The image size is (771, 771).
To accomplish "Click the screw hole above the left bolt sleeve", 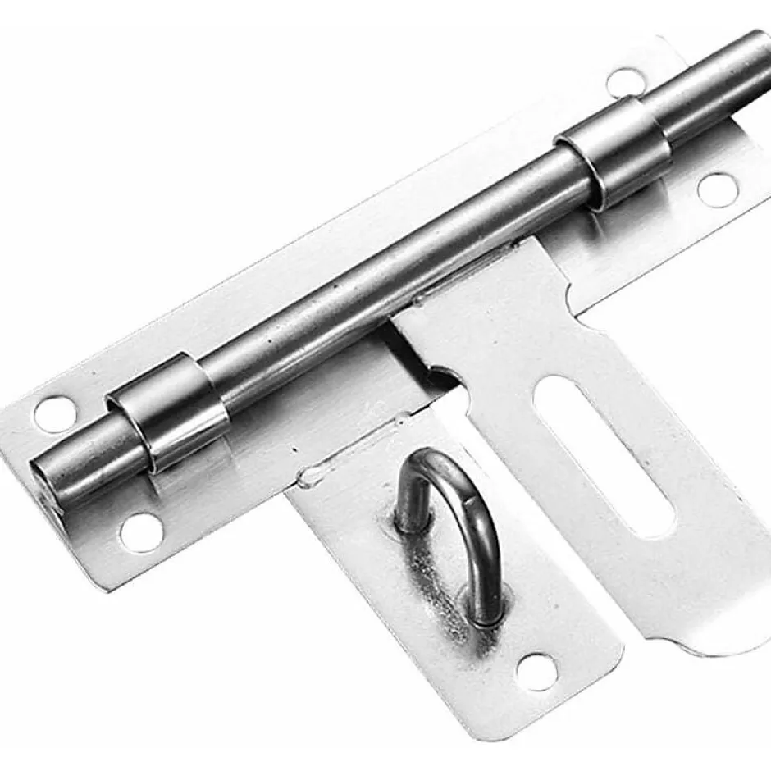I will coord(55,413).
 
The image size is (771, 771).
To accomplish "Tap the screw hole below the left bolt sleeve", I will coord(140,532).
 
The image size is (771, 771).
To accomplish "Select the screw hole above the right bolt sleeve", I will coord(626,81).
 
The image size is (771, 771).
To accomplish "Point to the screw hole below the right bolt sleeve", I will coord(716,188).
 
